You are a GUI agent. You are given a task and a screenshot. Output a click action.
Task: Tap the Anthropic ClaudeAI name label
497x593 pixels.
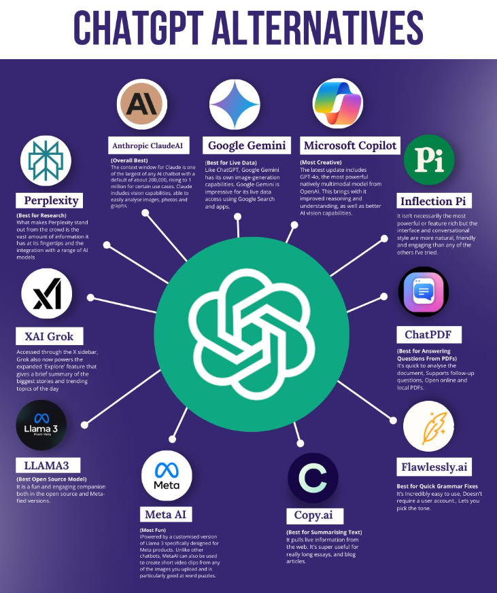click(148, 145)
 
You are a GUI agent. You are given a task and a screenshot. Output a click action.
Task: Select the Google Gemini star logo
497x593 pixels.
click(235, 104)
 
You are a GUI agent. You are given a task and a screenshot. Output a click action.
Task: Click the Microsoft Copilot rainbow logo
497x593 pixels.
click(338, 103)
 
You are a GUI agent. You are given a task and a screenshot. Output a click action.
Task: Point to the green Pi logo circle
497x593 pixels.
click(429, 160)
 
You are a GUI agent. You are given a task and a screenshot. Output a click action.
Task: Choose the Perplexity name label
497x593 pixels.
click(50, 200)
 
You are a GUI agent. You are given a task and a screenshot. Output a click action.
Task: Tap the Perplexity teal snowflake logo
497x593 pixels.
click(46, 160)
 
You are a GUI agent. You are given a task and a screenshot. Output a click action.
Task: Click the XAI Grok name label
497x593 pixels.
click(50, 336)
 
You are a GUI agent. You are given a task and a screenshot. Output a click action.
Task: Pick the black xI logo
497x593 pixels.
click(46, 293)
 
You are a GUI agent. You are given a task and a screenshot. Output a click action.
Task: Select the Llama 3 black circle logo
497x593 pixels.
click(41, 425)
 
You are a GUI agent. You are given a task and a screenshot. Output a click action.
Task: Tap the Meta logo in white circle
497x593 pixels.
click(167, 475)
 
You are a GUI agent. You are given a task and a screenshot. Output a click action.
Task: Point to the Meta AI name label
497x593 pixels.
click(166, 514)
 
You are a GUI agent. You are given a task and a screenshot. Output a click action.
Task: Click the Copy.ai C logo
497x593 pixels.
click(313, 478)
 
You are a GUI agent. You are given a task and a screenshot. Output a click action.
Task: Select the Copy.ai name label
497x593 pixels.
click(315, 515)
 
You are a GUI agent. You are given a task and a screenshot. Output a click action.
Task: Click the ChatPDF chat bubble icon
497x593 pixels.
click(424, 291)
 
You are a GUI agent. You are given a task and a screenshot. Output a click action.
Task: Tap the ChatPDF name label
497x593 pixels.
click(429, 335)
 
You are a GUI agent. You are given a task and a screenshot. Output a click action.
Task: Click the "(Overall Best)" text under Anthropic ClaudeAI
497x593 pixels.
click(129, 160)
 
